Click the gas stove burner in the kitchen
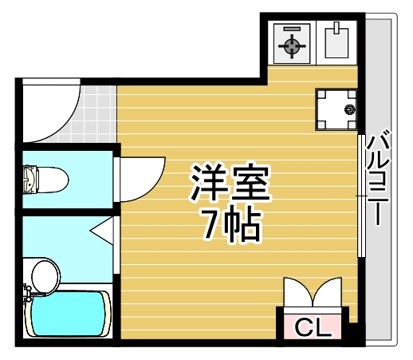pyautogui.click(x=292, y=45)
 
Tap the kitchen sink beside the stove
pyautogui.click(x=338, y=43)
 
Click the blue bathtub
pyautogui.click(x=68, y=314)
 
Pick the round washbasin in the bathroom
pyautogui.click(x=45, y=276)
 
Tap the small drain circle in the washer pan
pyautogui.click(x=348, y=109)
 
